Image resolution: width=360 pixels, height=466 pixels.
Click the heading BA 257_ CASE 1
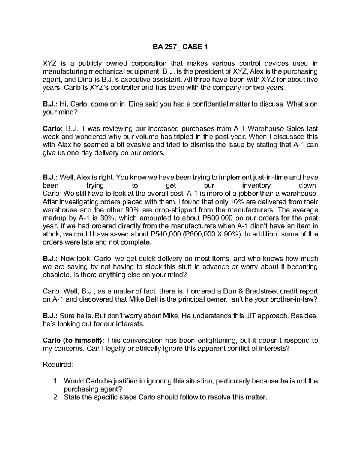click(x=180, y=47)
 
